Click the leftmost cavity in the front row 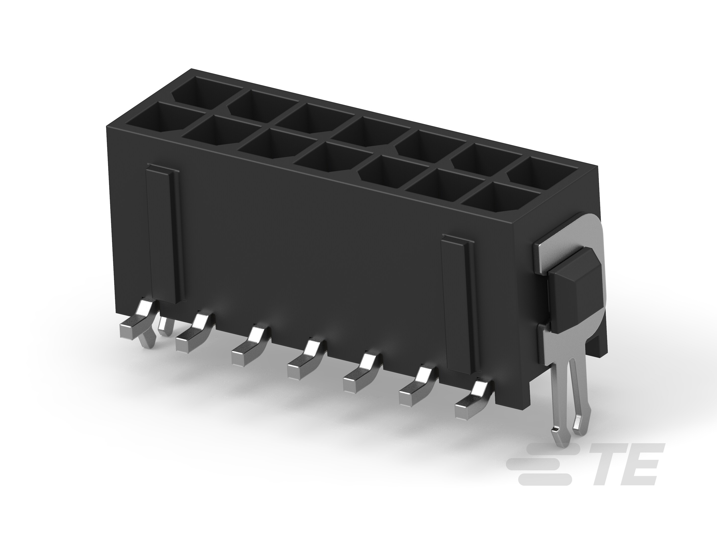click(152, 120)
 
